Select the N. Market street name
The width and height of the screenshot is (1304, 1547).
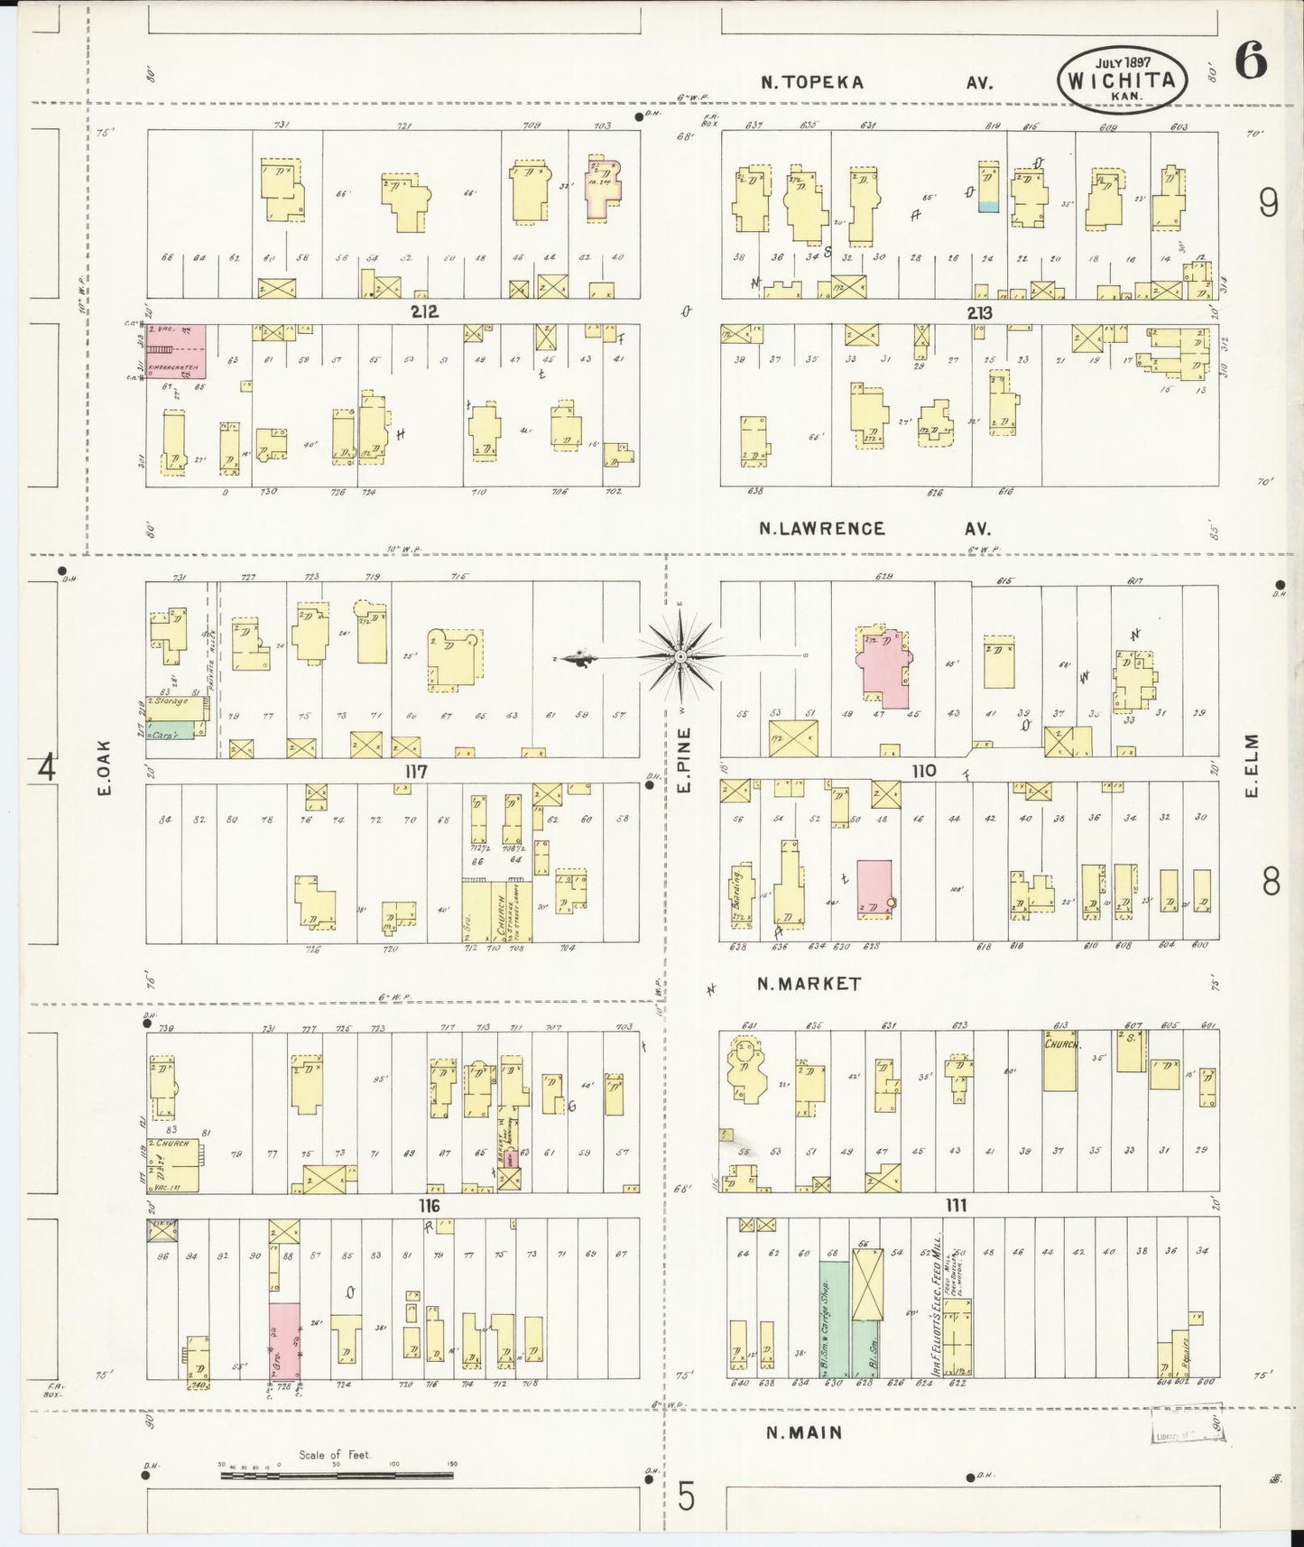809,984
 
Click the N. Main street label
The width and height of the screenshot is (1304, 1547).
804,1432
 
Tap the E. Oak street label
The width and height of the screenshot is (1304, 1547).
105,768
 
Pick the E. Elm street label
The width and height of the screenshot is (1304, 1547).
1251,765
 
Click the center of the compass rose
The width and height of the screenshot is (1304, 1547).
680,655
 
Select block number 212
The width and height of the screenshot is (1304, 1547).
424,312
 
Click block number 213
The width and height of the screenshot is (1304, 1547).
979,313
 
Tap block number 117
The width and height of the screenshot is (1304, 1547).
415,772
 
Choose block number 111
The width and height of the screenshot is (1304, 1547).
957,1206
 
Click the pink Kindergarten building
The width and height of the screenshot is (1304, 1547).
177,352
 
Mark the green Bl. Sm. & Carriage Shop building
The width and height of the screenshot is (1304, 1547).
833,1318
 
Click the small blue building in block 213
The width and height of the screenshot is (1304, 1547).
988,206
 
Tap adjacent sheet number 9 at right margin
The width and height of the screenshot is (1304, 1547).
1267,206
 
